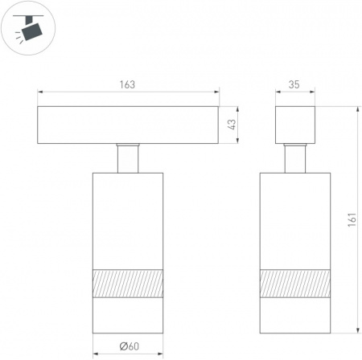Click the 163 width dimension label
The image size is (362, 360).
(x=127, y=84)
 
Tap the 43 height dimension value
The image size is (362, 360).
(x=232, y=125)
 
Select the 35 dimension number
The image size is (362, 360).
(x=294, y=84)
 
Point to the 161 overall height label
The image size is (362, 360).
(x=352, y=220)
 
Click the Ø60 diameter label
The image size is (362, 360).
(x=130, y=346)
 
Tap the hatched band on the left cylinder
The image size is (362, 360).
(x=128, y=284)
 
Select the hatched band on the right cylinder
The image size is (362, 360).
(x=295, y=284)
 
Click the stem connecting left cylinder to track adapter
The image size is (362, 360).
(x=128, y=158)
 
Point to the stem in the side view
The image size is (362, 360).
(x=295, y=158)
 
